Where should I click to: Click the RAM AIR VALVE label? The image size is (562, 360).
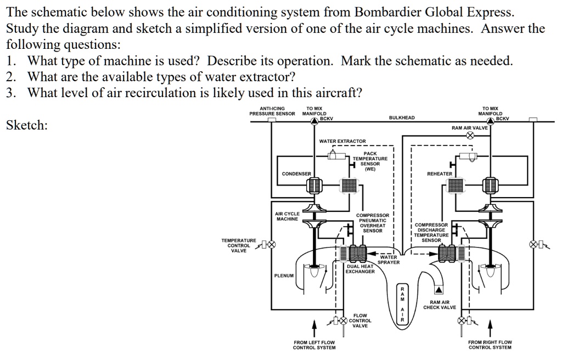click(x=469, y=127)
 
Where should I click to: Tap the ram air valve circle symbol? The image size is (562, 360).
click(x=470, y=136)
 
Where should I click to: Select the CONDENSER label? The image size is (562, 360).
click(x=296, y=174)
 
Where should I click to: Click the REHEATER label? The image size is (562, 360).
click(x=440, y=174)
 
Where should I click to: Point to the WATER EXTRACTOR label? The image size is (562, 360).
click(x=342, y=142)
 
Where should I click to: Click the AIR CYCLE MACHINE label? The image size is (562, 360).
click(x=287, y=216)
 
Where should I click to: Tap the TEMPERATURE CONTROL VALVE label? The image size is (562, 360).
click(x=238, y=245)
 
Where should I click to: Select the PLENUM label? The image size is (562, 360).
click(x=284, y=275)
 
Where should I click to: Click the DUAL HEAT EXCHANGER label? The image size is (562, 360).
click(x=360, y=269)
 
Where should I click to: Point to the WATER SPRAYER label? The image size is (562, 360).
click(x=388, y=260)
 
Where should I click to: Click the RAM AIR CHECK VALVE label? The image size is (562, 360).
click(x=439, y=305)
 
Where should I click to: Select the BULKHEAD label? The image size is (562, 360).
click(x=402, y=117)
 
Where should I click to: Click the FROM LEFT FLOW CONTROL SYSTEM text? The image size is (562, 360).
click(x=314, y=345)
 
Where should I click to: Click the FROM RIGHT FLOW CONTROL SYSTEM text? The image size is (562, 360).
click(x=490, y=345)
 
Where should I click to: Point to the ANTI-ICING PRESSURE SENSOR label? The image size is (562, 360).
click(x=272, y=111)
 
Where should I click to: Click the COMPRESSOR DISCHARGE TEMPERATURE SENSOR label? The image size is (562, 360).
click(x=431, y=232)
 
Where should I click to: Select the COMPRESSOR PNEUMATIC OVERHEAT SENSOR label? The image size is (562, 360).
click(x=372, y=223)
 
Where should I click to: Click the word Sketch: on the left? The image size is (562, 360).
click(x=26, y=126)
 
